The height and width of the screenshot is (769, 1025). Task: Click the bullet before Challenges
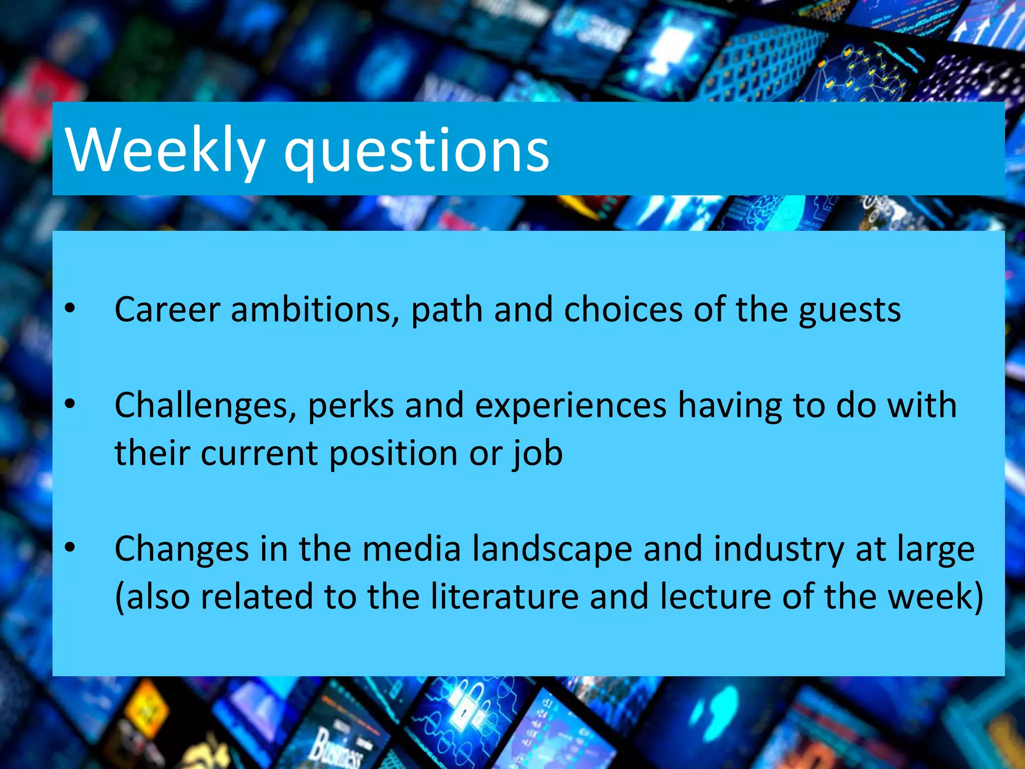tap(70, 404)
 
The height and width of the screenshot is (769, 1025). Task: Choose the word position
tap(393, 454)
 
